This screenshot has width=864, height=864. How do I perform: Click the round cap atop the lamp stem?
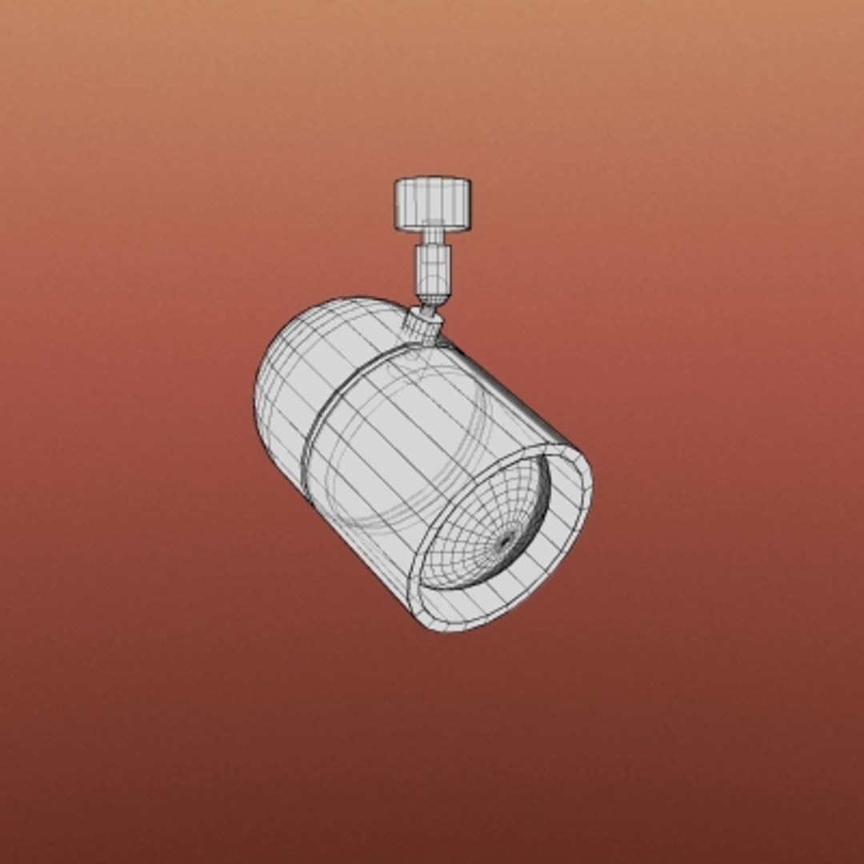pos(432,203)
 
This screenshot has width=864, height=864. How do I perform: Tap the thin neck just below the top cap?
pos(432,237)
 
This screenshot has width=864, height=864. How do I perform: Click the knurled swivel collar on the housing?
pos(422,326)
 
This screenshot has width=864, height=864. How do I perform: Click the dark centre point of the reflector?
pos(505,542)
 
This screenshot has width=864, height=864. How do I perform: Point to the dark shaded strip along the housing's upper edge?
pos(512,392)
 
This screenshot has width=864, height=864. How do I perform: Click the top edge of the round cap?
pos(432,178)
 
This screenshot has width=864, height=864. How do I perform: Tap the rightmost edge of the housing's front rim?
pos(593,488)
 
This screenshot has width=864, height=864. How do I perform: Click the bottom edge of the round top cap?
pos(432,230)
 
